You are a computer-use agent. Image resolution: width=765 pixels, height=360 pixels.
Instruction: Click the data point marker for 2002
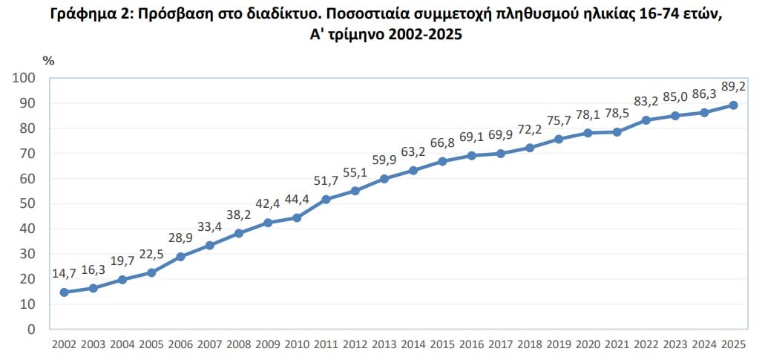point(64,292)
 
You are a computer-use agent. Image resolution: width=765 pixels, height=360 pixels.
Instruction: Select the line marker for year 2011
point(326,199)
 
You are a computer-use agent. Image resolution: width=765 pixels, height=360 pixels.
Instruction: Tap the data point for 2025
point(733,105)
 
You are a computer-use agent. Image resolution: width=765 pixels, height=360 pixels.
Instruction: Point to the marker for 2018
point(530,148)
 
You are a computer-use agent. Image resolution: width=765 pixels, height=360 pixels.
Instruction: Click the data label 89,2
point(733,86)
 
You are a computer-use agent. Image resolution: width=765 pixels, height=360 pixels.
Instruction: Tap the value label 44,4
point(295,199)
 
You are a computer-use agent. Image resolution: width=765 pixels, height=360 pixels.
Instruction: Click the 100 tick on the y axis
point(25,78)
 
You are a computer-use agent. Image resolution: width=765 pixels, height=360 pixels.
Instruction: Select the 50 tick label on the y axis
point(28,203)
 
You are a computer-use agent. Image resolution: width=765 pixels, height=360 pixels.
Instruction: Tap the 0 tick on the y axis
point(32,329)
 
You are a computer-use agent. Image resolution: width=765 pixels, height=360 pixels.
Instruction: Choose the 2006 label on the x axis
point(180,344)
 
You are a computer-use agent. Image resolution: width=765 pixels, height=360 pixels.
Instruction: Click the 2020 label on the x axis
point(588,344)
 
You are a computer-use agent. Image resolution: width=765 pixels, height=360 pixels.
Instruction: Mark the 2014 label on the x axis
point(413,344)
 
